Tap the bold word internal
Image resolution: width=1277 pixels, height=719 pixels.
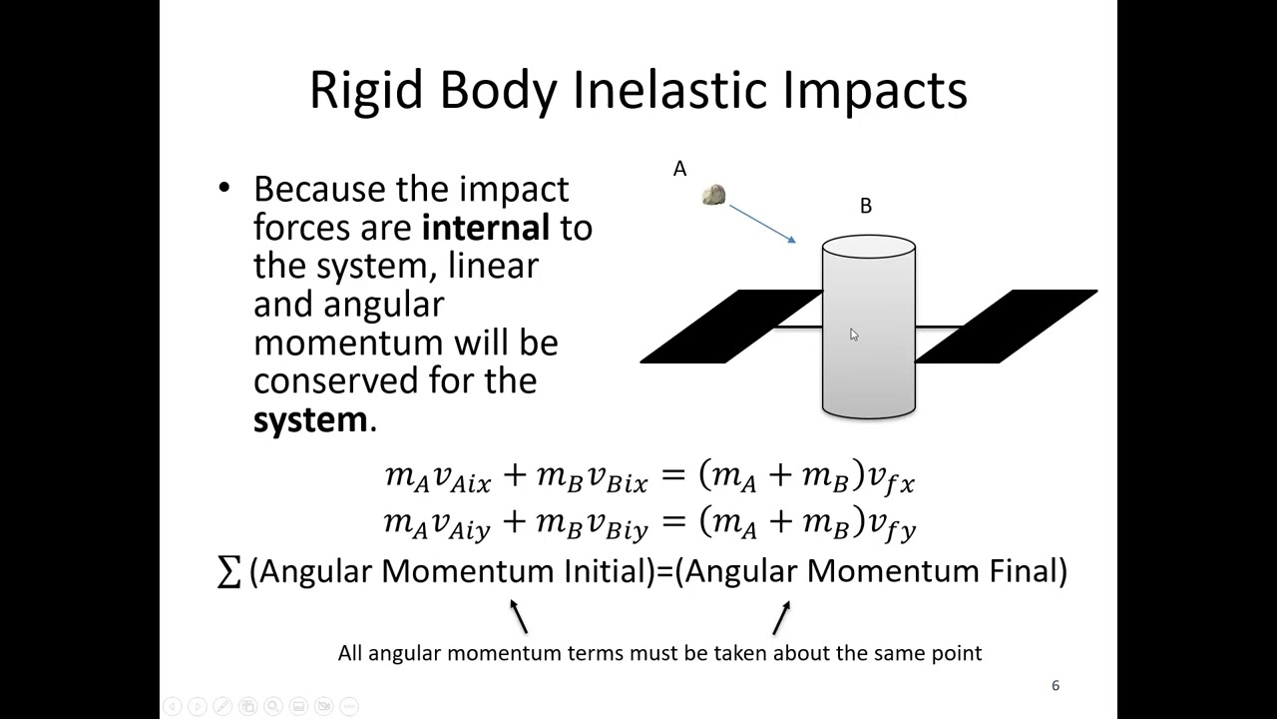tap(486, 227)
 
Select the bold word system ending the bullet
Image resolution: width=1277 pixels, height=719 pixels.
tap(310, 419)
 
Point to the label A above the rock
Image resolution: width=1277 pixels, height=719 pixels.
tap(679, 169)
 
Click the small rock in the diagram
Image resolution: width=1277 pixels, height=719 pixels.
tap(713, 195)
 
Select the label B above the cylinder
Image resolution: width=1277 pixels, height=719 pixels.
tap(865, 206)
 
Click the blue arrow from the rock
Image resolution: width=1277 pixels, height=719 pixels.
tap(762, 224)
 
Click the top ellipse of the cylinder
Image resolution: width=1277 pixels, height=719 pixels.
tap(868, 247)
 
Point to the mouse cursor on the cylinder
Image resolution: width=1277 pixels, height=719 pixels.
tap(854, 335)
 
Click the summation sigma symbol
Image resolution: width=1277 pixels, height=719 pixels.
tap(228, 572)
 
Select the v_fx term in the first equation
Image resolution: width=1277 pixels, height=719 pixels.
tap(891, 479)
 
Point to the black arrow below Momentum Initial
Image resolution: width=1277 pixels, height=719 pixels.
tap(518, 616)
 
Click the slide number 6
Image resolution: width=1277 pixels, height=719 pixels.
tap(1055, 685)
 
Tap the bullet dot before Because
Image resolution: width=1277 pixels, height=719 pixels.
tap(223, 189)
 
